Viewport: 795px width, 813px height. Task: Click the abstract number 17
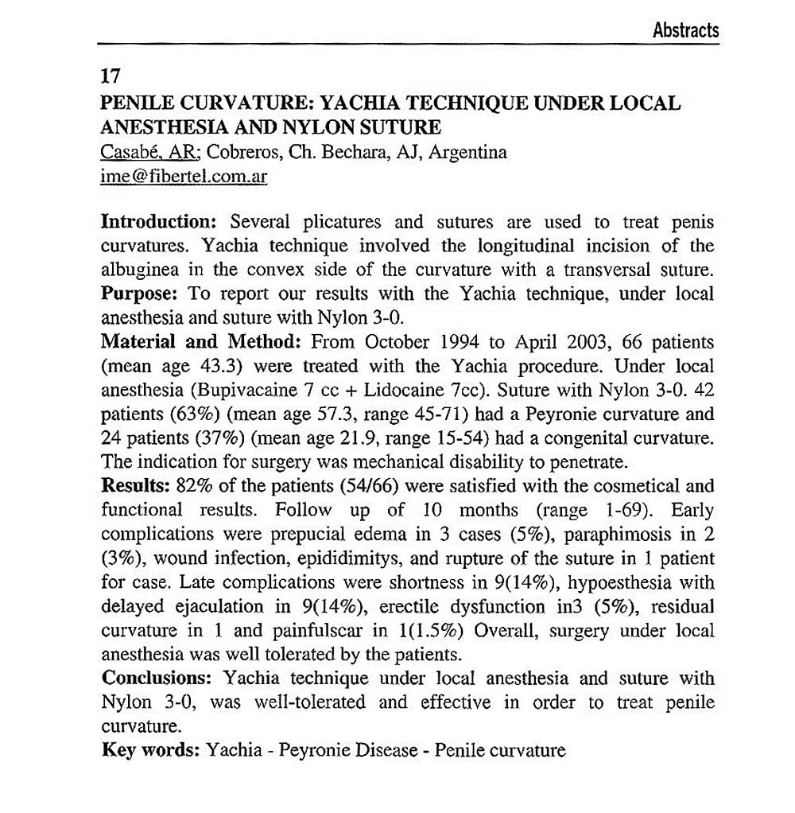point(111,77)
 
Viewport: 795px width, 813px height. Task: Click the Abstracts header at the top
point(685,31)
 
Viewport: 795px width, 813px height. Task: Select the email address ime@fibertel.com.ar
point(184,177)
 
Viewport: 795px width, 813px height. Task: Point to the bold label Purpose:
point(141,294)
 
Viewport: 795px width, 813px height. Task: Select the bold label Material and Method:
point(200,343)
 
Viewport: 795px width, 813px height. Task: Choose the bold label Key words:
point(150,750)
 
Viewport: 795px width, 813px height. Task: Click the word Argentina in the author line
point(467,152)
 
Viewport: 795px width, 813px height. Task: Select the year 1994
point(455,343)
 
